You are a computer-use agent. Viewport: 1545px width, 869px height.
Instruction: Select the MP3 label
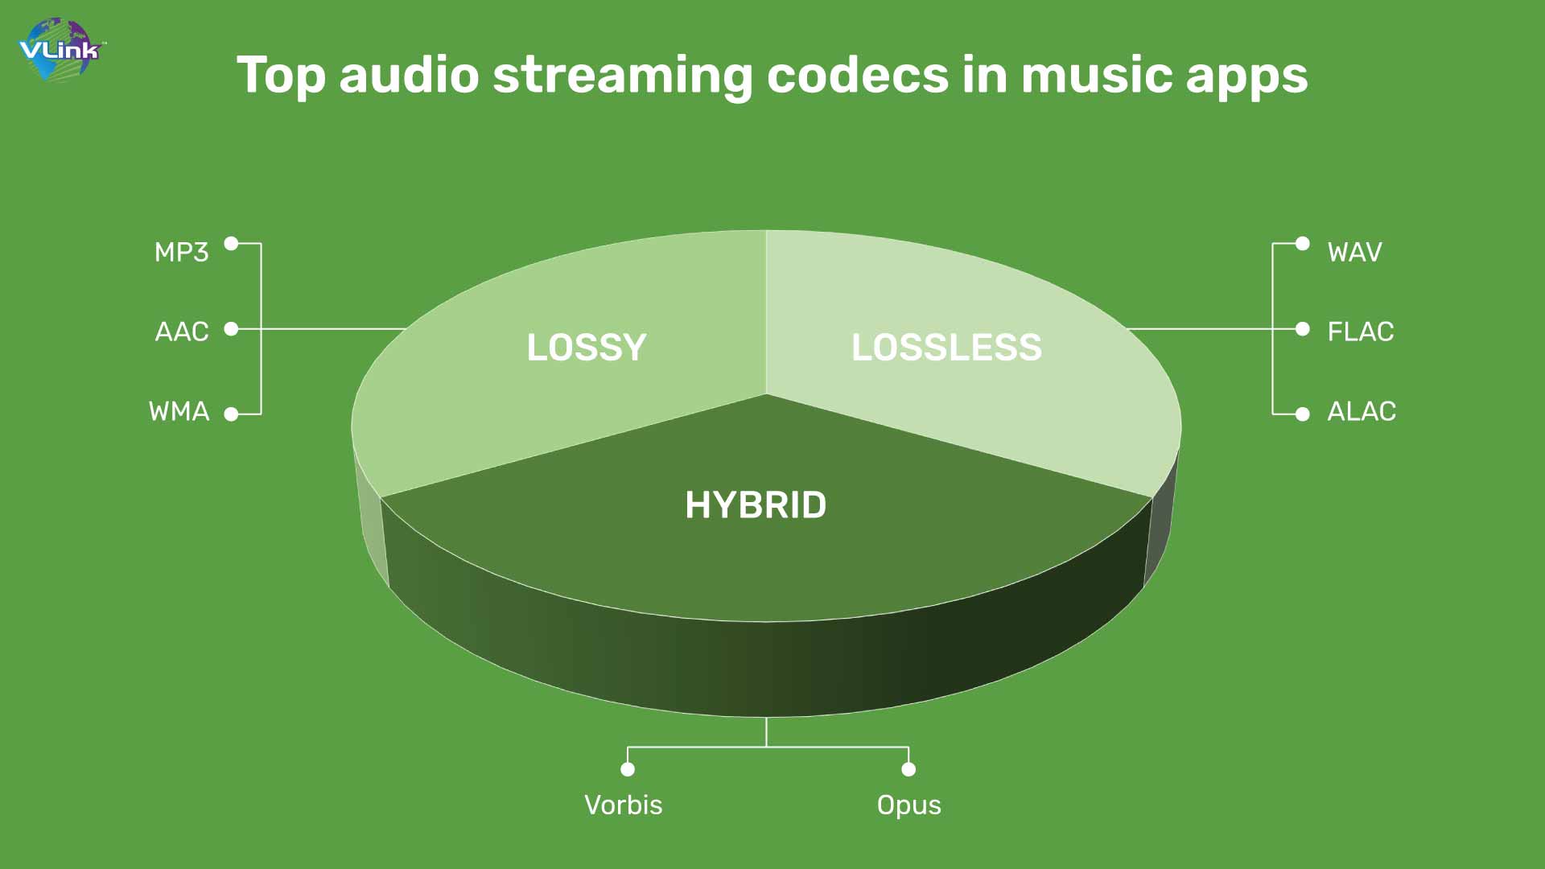coord(182,252)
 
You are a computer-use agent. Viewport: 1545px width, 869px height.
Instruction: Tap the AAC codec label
coord(182,332)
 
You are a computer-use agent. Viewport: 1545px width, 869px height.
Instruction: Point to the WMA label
coord(179,411)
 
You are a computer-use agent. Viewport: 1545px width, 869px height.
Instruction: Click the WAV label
coord(1354,252)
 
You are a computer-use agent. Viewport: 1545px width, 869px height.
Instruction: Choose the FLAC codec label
coord(1360,332)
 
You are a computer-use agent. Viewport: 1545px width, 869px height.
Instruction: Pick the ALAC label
coord(1362,411)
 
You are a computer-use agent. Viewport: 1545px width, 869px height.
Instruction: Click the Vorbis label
coord(624,805)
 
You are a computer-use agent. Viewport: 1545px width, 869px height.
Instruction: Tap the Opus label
coord(909,805)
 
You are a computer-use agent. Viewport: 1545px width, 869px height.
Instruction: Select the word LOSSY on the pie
coord(587,348)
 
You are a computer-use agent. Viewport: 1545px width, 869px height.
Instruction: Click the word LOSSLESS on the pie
coord(947,348)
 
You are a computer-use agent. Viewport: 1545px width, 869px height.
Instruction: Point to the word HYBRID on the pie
coord(756,505)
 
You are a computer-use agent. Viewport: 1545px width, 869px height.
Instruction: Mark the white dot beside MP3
coord(231,243)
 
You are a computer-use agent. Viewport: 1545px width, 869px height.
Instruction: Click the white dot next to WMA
coord(231,414)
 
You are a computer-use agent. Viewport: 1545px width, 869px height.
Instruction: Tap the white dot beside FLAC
coord(1303,329)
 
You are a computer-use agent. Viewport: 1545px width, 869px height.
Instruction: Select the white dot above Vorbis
coord(628,769)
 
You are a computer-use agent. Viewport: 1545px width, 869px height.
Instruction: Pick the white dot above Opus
coord(908,769)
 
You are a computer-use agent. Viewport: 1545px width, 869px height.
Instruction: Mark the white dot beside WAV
coord(1303,243)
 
